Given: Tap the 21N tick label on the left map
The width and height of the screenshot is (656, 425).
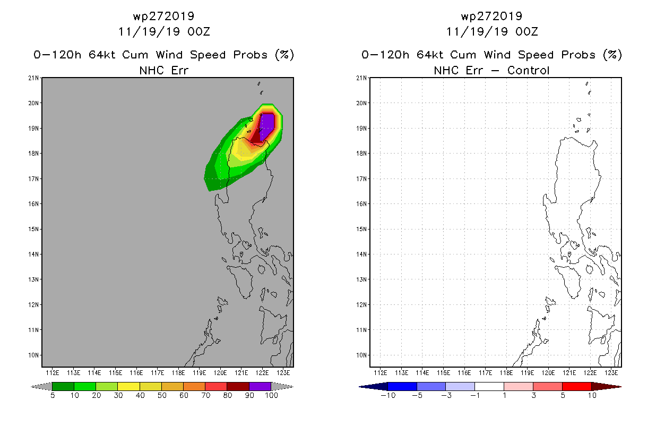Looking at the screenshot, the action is point(33,78).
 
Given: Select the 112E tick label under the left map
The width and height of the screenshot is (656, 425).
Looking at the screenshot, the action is point(53,373).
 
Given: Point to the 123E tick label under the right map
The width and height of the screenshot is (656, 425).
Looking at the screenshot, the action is point(611,373).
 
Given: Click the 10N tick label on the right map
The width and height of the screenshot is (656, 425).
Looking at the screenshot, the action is point(361,355).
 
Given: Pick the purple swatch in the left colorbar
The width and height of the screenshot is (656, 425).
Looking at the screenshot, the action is point(260,386).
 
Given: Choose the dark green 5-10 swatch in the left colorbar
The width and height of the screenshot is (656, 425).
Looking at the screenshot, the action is point(63,386).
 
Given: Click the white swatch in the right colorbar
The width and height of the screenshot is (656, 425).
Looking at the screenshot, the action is point(489,386).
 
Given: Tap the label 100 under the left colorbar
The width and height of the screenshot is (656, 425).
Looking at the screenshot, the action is point(271,395).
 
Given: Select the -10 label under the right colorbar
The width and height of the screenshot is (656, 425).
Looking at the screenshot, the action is point(388,395).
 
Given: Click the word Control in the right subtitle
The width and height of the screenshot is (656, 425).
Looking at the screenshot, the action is point(528,70).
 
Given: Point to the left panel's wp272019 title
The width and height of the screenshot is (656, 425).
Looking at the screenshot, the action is point(163,16).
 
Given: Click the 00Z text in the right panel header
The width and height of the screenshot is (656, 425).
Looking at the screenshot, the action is point(526,31).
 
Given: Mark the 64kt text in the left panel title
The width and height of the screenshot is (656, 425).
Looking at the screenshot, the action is point(102,55).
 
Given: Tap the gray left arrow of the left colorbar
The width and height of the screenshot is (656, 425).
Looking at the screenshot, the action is point(41,386).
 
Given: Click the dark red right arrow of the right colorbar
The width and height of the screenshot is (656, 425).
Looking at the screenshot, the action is point(607,386).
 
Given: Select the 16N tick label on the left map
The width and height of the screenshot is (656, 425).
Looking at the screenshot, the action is point(33,204).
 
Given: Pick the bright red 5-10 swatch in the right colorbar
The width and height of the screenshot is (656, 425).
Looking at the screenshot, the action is point(577,386).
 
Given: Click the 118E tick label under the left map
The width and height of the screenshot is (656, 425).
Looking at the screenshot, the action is point(178,373).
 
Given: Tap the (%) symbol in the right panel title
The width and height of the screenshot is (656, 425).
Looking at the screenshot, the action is point(612,55).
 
